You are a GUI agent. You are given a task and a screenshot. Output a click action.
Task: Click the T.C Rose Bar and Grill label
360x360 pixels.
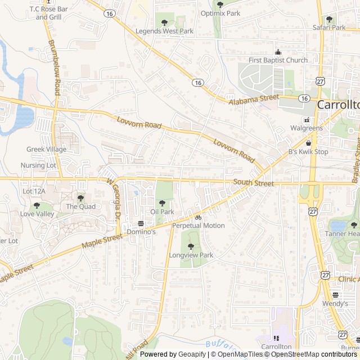pyautogui.click(x=48, y=13)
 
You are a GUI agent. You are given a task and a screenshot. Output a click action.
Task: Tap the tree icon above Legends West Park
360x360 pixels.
pyautogui.click(x=164, y=22)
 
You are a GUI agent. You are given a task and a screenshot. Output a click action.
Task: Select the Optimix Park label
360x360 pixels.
pyautogui.click(x=220, y=13)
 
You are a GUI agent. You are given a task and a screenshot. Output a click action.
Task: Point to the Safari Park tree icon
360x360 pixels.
pyautogui.click(x=329, y=19)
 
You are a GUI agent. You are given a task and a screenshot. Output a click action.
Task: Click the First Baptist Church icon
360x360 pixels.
pyautogui.click(x=278, y=52)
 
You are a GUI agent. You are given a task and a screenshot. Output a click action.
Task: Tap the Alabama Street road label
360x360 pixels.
pyautogui.click(x=254, y=99)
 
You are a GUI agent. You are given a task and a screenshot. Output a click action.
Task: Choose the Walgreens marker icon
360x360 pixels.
pyautogui.click(x=307, y=120)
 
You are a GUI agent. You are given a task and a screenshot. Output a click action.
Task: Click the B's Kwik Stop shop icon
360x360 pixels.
pyautogui.click(x=308, y=143)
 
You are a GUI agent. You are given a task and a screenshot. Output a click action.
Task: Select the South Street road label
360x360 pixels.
pyautogui.click(x=254, y=183)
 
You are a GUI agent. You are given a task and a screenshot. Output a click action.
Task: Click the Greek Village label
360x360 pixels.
pyautogui.click(x=46, y=149)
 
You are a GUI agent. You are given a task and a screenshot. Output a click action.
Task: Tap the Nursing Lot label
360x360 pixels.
pyautogui.click(x=38, y=165)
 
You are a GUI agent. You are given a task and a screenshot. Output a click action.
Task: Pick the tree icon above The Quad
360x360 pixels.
pyautogui.click(x=80, y=198)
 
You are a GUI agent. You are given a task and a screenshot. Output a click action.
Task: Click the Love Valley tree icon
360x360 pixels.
pyautogui.click(x=37, y=205)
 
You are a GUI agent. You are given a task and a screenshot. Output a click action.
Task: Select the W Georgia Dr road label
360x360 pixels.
pyautogui.click(x=114, y=199)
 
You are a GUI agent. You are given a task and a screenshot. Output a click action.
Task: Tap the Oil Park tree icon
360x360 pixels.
pyautogui.click(x=162, y=202)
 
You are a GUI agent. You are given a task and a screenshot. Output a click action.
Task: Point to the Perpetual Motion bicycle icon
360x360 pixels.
pyautogui.click(x=198, y=217)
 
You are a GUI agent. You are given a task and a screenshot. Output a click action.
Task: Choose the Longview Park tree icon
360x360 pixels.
pyautogui.click(x=191, y=246)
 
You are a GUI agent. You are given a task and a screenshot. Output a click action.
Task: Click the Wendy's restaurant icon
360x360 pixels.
pyautogui.click(x=336, y=295)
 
